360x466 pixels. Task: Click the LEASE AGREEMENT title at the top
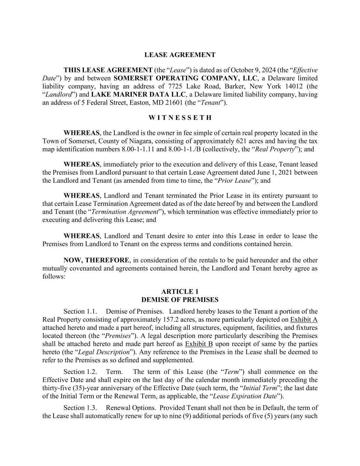(180, 55)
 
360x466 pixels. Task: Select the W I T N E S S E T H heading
(180, 118)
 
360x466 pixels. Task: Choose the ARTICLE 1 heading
(180, 292)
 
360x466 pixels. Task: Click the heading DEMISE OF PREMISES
(180, 300)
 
